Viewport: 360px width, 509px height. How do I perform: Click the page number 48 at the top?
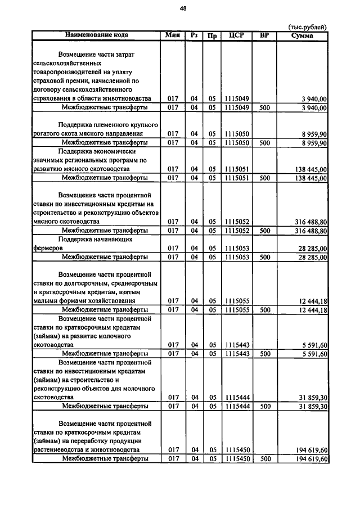click(183, 8)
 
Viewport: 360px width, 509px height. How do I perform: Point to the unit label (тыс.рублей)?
click(307, 27)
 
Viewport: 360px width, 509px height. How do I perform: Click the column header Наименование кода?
click(96, 35)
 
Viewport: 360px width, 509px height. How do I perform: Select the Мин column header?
click(173, 35)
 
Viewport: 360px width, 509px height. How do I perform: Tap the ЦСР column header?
click(237, 35)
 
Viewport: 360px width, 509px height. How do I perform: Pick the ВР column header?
click(264, 35)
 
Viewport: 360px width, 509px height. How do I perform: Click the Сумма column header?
click(303, 35)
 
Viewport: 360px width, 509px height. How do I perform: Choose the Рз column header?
click(195, 35)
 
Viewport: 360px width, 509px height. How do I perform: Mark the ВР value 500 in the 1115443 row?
click(264, 353)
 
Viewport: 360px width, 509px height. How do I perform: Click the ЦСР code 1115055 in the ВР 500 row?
click(237, 309)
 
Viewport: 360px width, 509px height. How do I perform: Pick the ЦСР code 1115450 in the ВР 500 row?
click(237, 459)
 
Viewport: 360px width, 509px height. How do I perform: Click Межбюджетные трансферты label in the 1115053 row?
click(105, 257)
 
